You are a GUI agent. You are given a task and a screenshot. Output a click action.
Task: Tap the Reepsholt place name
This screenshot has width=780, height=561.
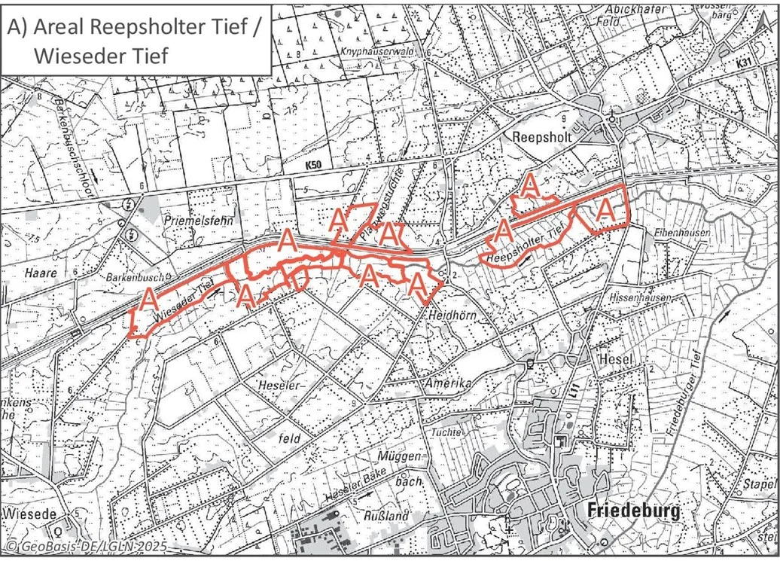542,138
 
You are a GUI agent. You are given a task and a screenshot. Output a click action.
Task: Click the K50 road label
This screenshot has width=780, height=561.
317,164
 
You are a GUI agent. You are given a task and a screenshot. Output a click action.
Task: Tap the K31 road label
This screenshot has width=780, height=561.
747,67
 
